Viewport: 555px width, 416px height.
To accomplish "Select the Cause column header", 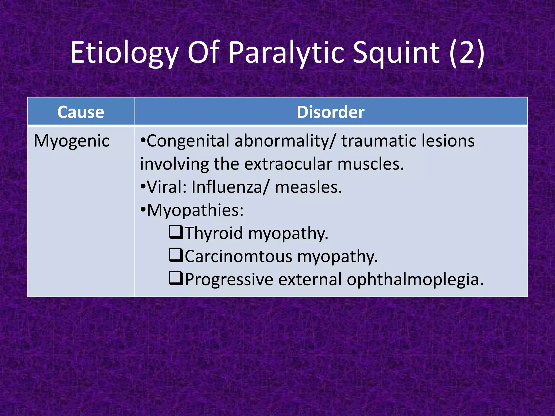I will pos(81,112).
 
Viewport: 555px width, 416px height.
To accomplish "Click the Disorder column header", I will pos(330,112).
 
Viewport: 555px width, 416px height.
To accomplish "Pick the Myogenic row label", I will pos(72,141).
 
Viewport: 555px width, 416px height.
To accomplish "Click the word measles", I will pos(308,187).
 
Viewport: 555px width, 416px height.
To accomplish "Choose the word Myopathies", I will pos(195,210).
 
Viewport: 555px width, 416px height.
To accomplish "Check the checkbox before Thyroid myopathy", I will pos(176,232).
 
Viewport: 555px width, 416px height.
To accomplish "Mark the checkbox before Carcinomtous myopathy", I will pos(176,255).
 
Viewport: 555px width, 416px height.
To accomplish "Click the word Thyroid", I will pos(214,233).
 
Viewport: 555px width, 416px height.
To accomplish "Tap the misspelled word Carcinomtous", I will pos(238,256).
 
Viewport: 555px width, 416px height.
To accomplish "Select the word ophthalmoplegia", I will pos(415,279).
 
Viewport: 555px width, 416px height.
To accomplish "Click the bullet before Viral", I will pos(143,187).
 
